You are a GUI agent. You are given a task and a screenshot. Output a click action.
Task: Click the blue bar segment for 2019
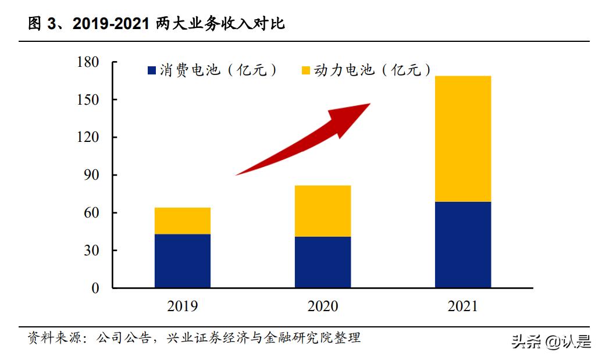(182, 261)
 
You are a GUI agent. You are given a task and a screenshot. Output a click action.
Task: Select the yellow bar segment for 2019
(182, 221)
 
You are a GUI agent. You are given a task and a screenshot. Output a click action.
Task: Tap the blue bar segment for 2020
(322, 262)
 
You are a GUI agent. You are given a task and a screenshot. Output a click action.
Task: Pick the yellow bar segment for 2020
(322, 211)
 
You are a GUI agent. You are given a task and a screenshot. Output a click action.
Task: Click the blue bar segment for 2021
(463, 244)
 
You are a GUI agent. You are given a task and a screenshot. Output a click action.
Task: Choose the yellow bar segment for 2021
(463, 139)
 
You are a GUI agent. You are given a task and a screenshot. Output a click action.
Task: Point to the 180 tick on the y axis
(88, 62)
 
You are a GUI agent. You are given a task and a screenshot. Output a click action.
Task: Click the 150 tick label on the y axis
(88, 100)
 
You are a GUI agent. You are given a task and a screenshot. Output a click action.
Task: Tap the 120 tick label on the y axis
(88, 138)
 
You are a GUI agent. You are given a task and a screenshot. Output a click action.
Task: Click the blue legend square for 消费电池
(152, 71)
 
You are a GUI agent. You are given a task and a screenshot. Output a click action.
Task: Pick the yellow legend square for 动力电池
(305, 71)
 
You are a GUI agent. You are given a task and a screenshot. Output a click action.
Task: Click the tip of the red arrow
(369, 105)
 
